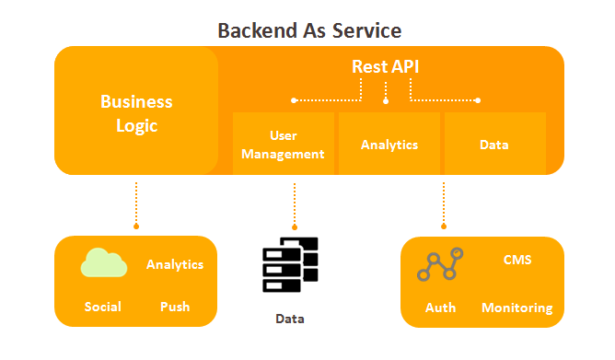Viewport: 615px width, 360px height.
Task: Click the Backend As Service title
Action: (309, 30)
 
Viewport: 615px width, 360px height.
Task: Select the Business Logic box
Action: (136, 110)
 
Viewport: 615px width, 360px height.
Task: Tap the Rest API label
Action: (385, 66)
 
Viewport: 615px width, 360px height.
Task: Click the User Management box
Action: (284, 144)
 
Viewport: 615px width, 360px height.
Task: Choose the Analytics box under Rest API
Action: (389, 144)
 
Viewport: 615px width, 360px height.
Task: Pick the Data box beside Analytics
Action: (495, 144)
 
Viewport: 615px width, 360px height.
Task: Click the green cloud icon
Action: (104, 262)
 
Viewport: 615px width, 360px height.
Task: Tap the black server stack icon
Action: (290, 265)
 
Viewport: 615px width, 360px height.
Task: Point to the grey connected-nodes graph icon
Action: (440, 264)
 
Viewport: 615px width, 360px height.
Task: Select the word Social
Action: (103, 307)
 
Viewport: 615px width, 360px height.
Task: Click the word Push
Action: (175, 307)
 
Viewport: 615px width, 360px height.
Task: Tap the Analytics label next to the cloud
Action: (175, 265)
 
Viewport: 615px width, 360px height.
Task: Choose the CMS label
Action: (517, 260)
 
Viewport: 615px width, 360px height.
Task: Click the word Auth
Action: (440, 308)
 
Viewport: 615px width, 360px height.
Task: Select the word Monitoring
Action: (516, 308)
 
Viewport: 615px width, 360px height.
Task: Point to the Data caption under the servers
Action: (290, 319)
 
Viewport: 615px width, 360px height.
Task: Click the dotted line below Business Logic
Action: (136, 203)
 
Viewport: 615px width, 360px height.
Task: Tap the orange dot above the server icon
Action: (295, 227)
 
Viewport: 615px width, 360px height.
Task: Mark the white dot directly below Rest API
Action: (386, 101)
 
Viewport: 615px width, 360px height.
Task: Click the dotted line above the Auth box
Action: (444, 203)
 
